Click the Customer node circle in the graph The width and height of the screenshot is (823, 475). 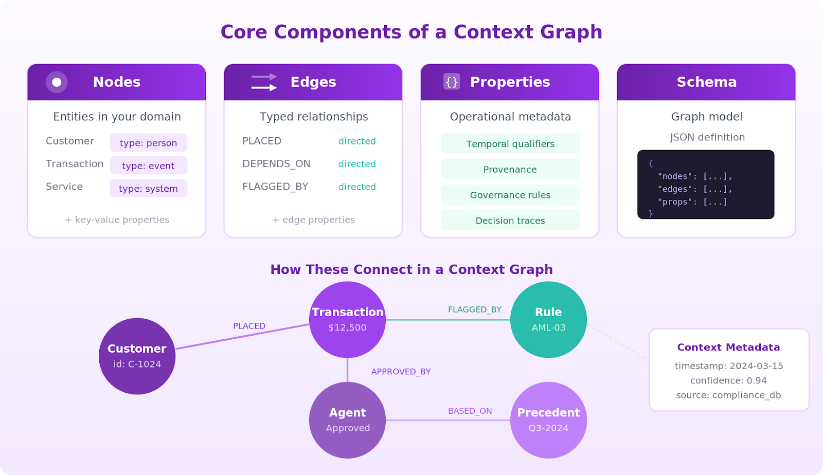click(137, 356)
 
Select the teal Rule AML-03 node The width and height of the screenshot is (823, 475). click(548, 319)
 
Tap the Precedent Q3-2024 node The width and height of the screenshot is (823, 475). click(548, 420)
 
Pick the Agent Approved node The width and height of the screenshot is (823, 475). click(347, 420)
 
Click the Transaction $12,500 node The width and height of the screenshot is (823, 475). click(347, 319)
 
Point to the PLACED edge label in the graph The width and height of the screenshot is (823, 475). click(249, 326)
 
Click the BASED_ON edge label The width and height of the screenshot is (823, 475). click(470, 411)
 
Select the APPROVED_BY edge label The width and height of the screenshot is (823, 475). click(401, 372)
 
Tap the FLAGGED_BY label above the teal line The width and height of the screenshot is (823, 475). click(474, 309)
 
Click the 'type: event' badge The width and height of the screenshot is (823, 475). click(148, 166)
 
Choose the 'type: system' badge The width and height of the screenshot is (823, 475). click(148, 188)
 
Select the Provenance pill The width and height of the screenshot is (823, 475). click(510, 169)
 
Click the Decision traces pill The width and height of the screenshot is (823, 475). click(510, 221)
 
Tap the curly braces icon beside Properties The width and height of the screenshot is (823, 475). click(452, 82)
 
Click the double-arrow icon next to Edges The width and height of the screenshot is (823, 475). click(264, 82)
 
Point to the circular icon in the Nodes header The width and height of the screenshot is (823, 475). click(57, 82)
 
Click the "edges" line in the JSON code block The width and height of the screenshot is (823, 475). click(694, 189)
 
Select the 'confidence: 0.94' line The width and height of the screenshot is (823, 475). click(728, 380)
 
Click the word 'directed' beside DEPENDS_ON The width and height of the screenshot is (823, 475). click(357, 164)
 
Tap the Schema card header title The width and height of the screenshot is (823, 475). click(706, 82)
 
